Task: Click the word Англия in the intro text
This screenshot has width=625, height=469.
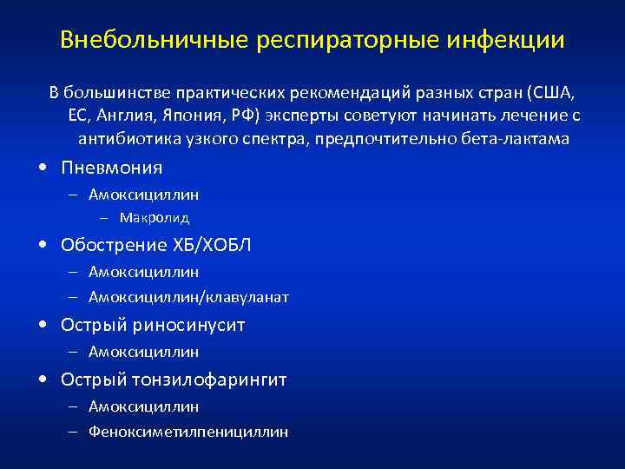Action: coord(124,116)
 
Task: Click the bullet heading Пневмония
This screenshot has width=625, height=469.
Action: coord(111,168)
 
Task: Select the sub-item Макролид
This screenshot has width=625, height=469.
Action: coord(155,217)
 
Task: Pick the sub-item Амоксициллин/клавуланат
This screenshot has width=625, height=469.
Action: coord(188,297)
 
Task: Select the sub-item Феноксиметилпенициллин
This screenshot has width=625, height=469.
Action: coord(188,432)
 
